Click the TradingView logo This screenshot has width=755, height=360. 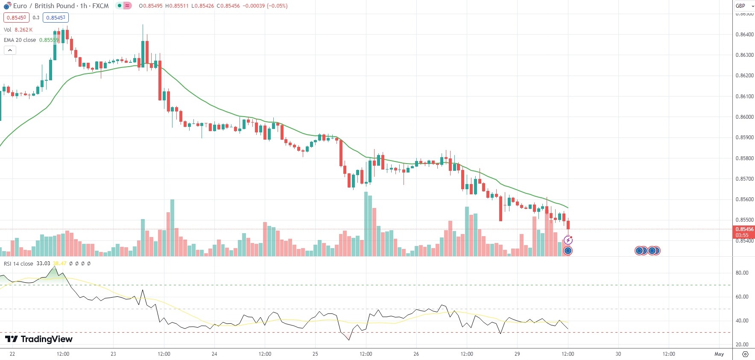(x=39, y=339)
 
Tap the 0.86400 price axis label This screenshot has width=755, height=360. (x=744, y=35)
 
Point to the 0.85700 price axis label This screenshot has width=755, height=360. (x=744, y=179)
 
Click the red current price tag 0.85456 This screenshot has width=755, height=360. (x=744, y=229)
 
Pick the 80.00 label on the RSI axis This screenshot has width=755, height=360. (x=742, y=273)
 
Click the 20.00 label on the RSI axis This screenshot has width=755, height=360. (x=742, y=345)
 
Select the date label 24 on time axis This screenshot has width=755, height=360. (x=214, y=354)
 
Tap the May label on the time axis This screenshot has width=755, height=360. (x=719, y=354)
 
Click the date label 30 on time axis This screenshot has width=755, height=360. (x=618, y=354)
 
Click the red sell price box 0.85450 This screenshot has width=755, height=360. (x=16, y=18)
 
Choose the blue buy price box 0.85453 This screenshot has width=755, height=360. (x=56, y=18)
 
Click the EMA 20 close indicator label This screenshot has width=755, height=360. (x=20, y=40)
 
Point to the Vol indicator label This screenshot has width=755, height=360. (x=8, y=30)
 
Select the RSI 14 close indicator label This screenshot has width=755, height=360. (x=18, y=264)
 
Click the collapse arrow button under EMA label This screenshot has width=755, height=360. (x=10, y=50)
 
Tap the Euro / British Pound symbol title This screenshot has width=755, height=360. (x=56, y=6)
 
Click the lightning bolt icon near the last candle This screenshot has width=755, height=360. (x=568, y=240)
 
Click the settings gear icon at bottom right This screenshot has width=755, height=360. (x=745, y=354)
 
